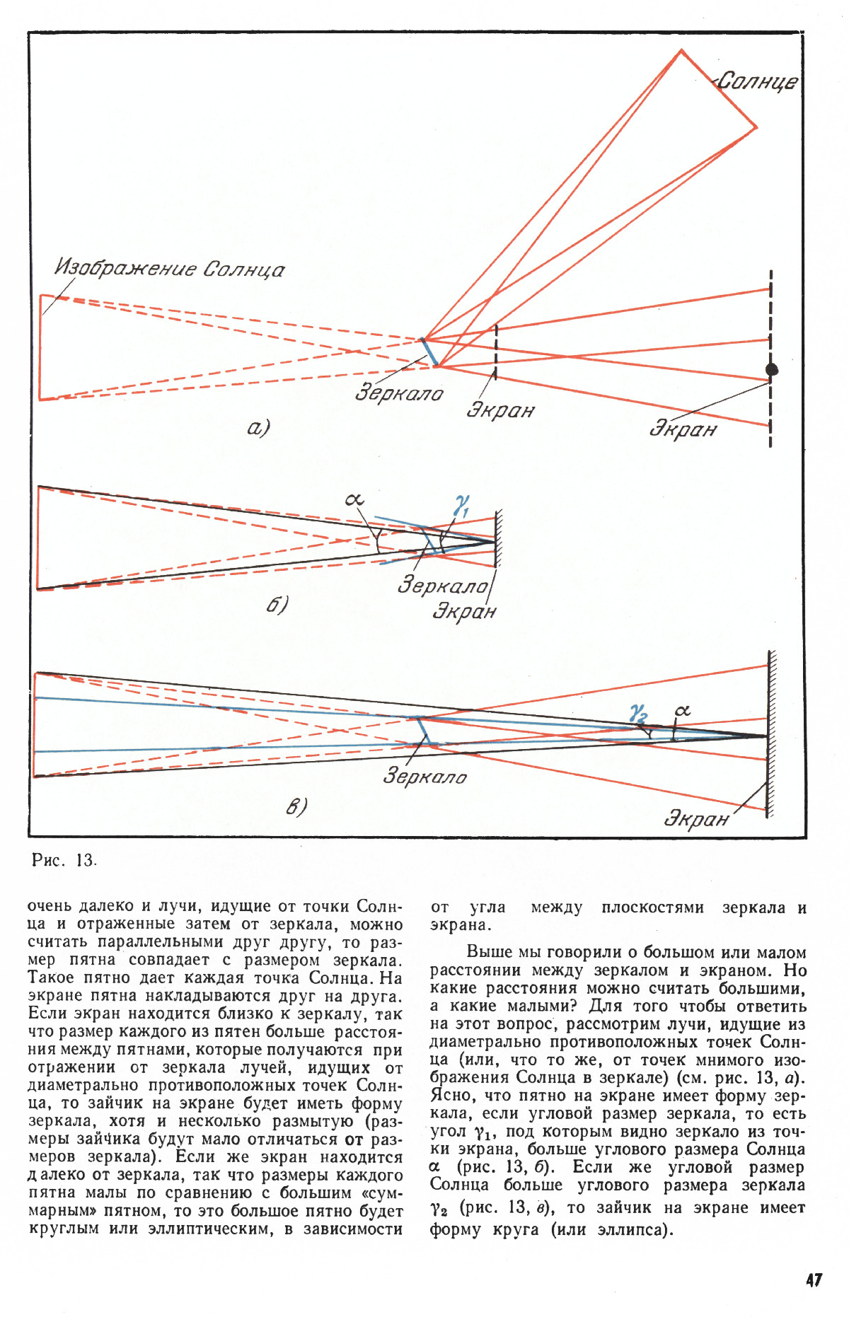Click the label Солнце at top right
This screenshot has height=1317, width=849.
(x=758, y=81)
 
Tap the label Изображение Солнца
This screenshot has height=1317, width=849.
(x=170, y=269)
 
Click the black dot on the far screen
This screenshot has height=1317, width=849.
(x=772, y=369)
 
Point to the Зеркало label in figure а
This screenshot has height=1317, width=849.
(x=399, y=393)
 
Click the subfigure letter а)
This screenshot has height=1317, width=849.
(x=259, y=427)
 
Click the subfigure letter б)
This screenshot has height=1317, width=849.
(x=277, y=605)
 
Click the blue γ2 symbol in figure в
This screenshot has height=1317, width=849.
(x=638, y=713)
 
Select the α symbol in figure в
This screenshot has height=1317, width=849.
(x=682, y=710)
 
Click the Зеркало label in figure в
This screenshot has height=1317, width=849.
(x=424, y=777)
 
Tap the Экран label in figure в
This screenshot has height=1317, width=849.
(x=695, y=819)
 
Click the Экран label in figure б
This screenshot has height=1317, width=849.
(x=463, y=611)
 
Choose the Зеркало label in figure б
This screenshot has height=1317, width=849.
(x=442, y=585)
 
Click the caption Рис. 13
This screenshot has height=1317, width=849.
(x=64, y=860)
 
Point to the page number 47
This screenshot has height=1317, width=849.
(x=813, y=1280)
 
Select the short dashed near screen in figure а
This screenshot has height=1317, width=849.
(x=496, y=352)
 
